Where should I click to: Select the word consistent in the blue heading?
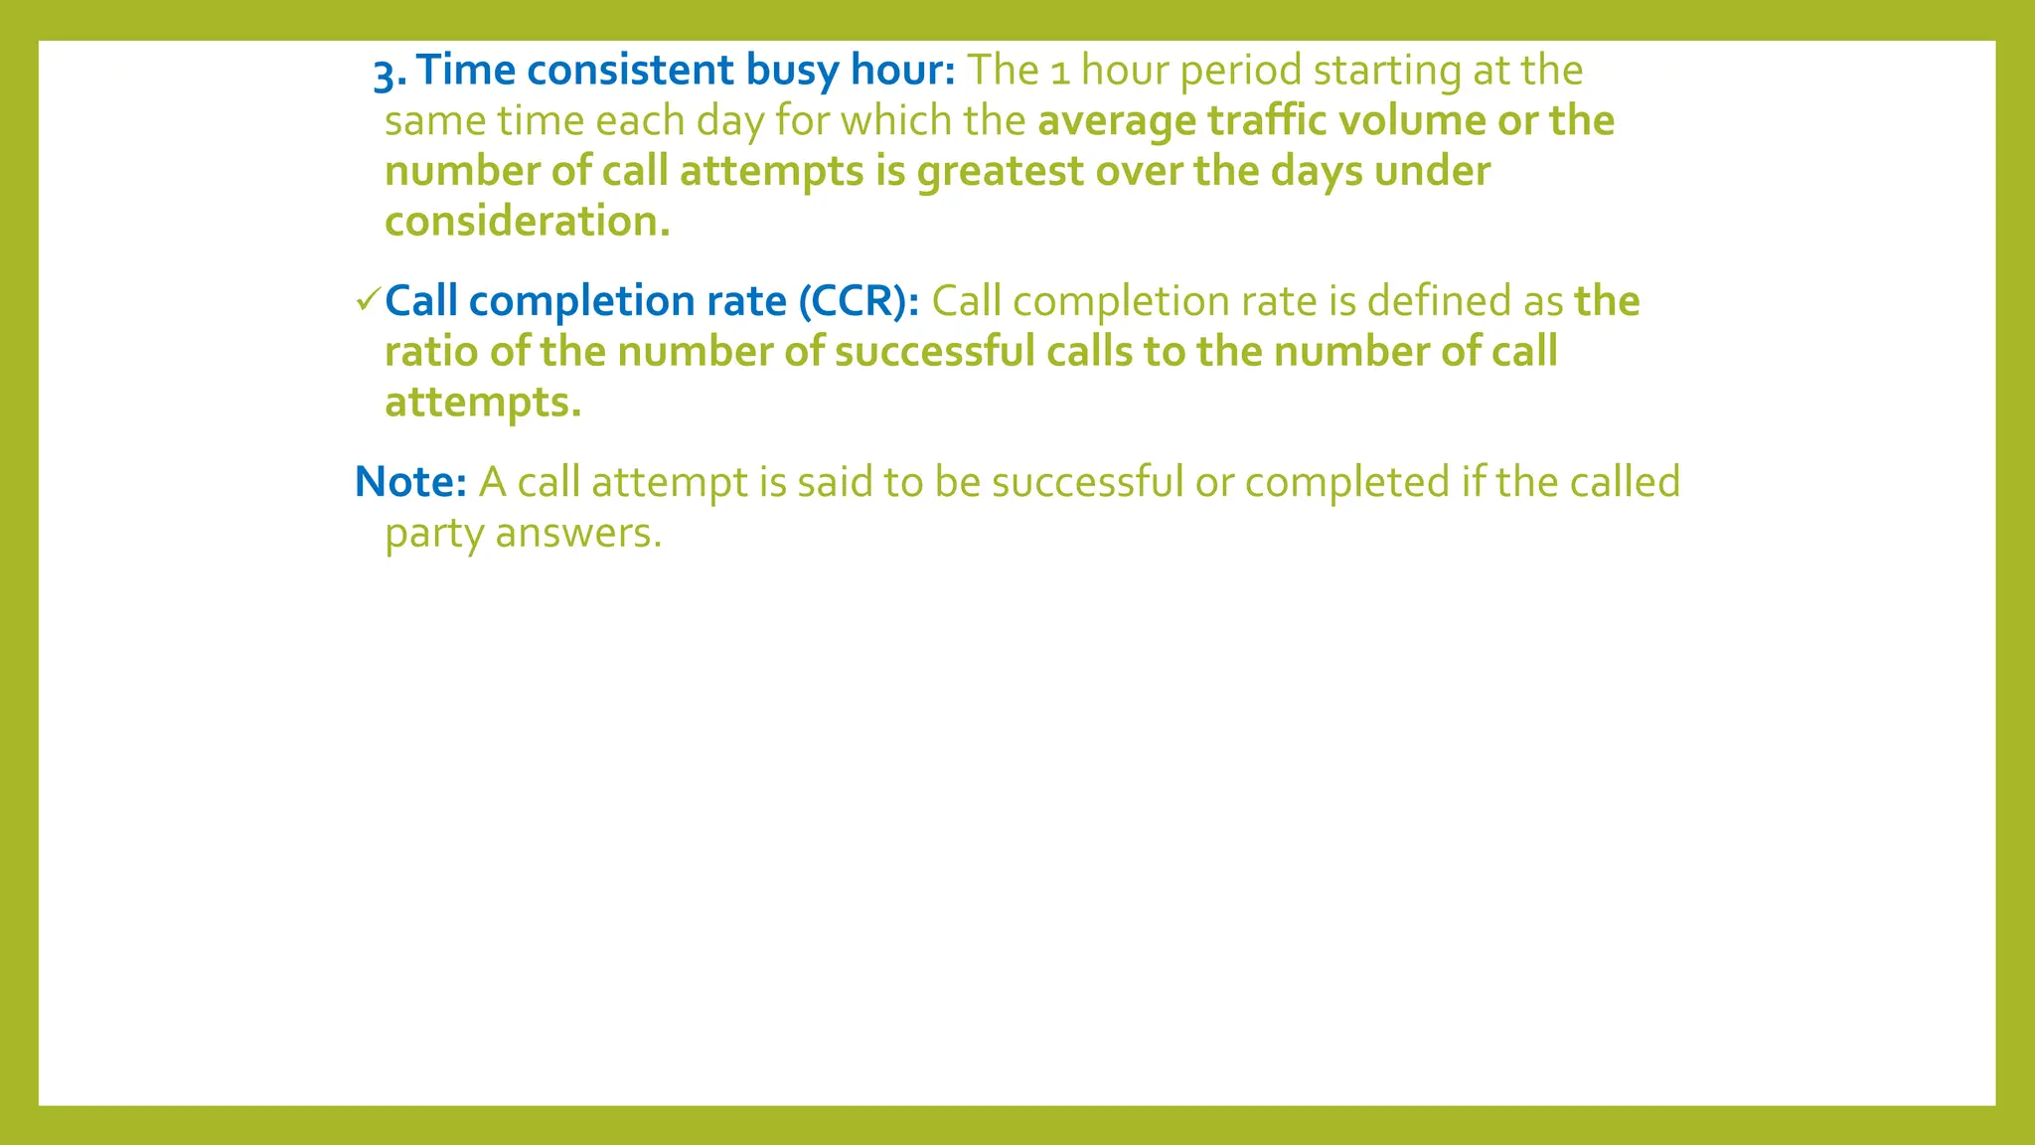click(629, 70)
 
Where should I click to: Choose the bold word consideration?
click(527, 222)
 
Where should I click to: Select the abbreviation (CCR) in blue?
click(859, 301)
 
